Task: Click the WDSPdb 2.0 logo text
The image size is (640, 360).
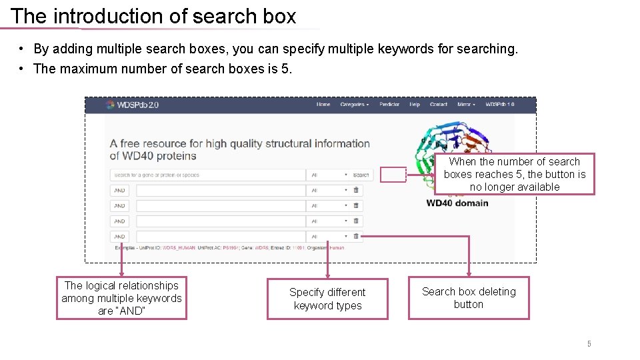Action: point(137,105)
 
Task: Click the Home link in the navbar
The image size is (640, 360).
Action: point(323,105)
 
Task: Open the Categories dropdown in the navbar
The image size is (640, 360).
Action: point(354,105)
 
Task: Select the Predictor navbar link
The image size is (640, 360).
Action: point(389,105)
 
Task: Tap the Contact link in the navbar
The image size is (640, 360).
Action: point(439,105)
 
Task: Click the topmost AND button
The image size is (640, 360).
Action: point(120,190)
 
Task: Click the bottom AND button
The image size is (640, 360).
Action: point(120,236)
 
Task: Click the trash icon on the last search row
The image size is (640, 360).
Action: point(356,236)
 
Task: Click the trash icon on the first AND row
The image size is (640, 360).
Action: point(356,190)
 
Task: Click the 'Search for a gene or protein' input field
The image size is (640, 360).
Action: point(207,175)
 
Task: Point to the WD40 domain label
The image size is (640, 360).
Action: point(457,203)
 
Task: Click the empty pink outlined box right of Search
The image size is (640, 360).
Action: point(393,175)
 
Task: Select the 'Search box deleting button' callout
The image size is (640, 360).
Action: point(469,298)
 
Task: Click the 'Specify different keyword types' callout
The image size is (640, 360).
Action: point(327,299)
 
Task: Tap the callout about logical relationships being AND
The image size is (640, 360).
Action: point(121,298)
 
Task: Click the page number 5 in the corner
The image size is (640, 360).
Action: point(589,344)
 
